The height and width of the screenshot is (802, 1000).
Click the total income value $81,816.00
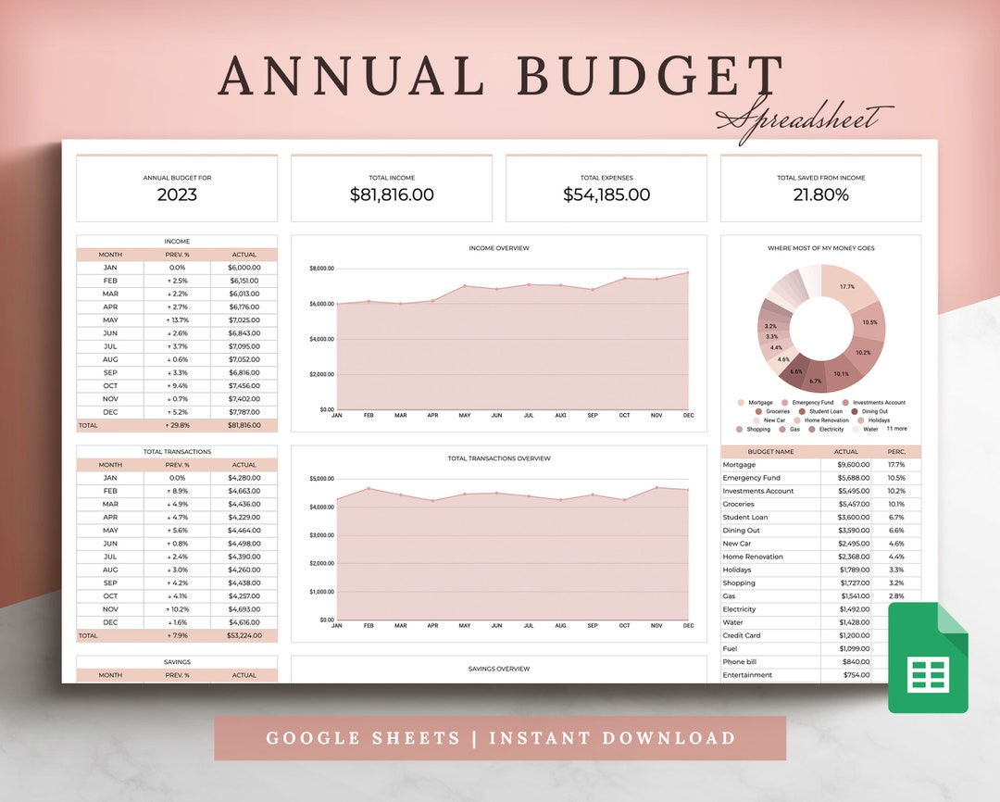pos(392,195)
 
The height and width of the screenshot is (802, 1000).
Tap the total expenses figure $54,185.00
pos(606,195)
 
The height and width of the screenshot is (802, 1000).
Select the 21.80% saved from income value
pos(820,195)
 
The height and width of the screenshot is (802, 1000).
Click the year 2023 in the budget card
pos(177,195)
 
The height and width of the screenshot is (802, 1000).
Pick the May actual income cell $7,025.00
pos(244,320)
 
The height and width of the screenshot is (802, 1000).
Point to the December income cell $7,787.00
pos(244,412)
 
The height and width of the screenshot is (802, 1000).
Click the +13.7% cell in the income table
pos(177,320)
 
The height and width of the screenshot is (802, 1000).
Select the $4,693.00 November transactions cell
pos(244,609)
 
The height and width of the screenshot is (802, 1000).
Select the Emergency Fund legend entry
pos(813,403)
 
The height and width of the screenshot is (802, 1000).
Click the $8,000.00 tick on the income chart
pos(321,269)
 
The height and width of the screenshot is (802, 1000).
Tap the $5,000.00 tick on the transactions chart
pos(321,479)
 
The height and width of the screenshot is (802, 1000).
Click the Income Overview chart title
pos(499,248)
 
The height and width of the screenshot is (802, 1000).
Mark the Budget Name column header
pos(770,452)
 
